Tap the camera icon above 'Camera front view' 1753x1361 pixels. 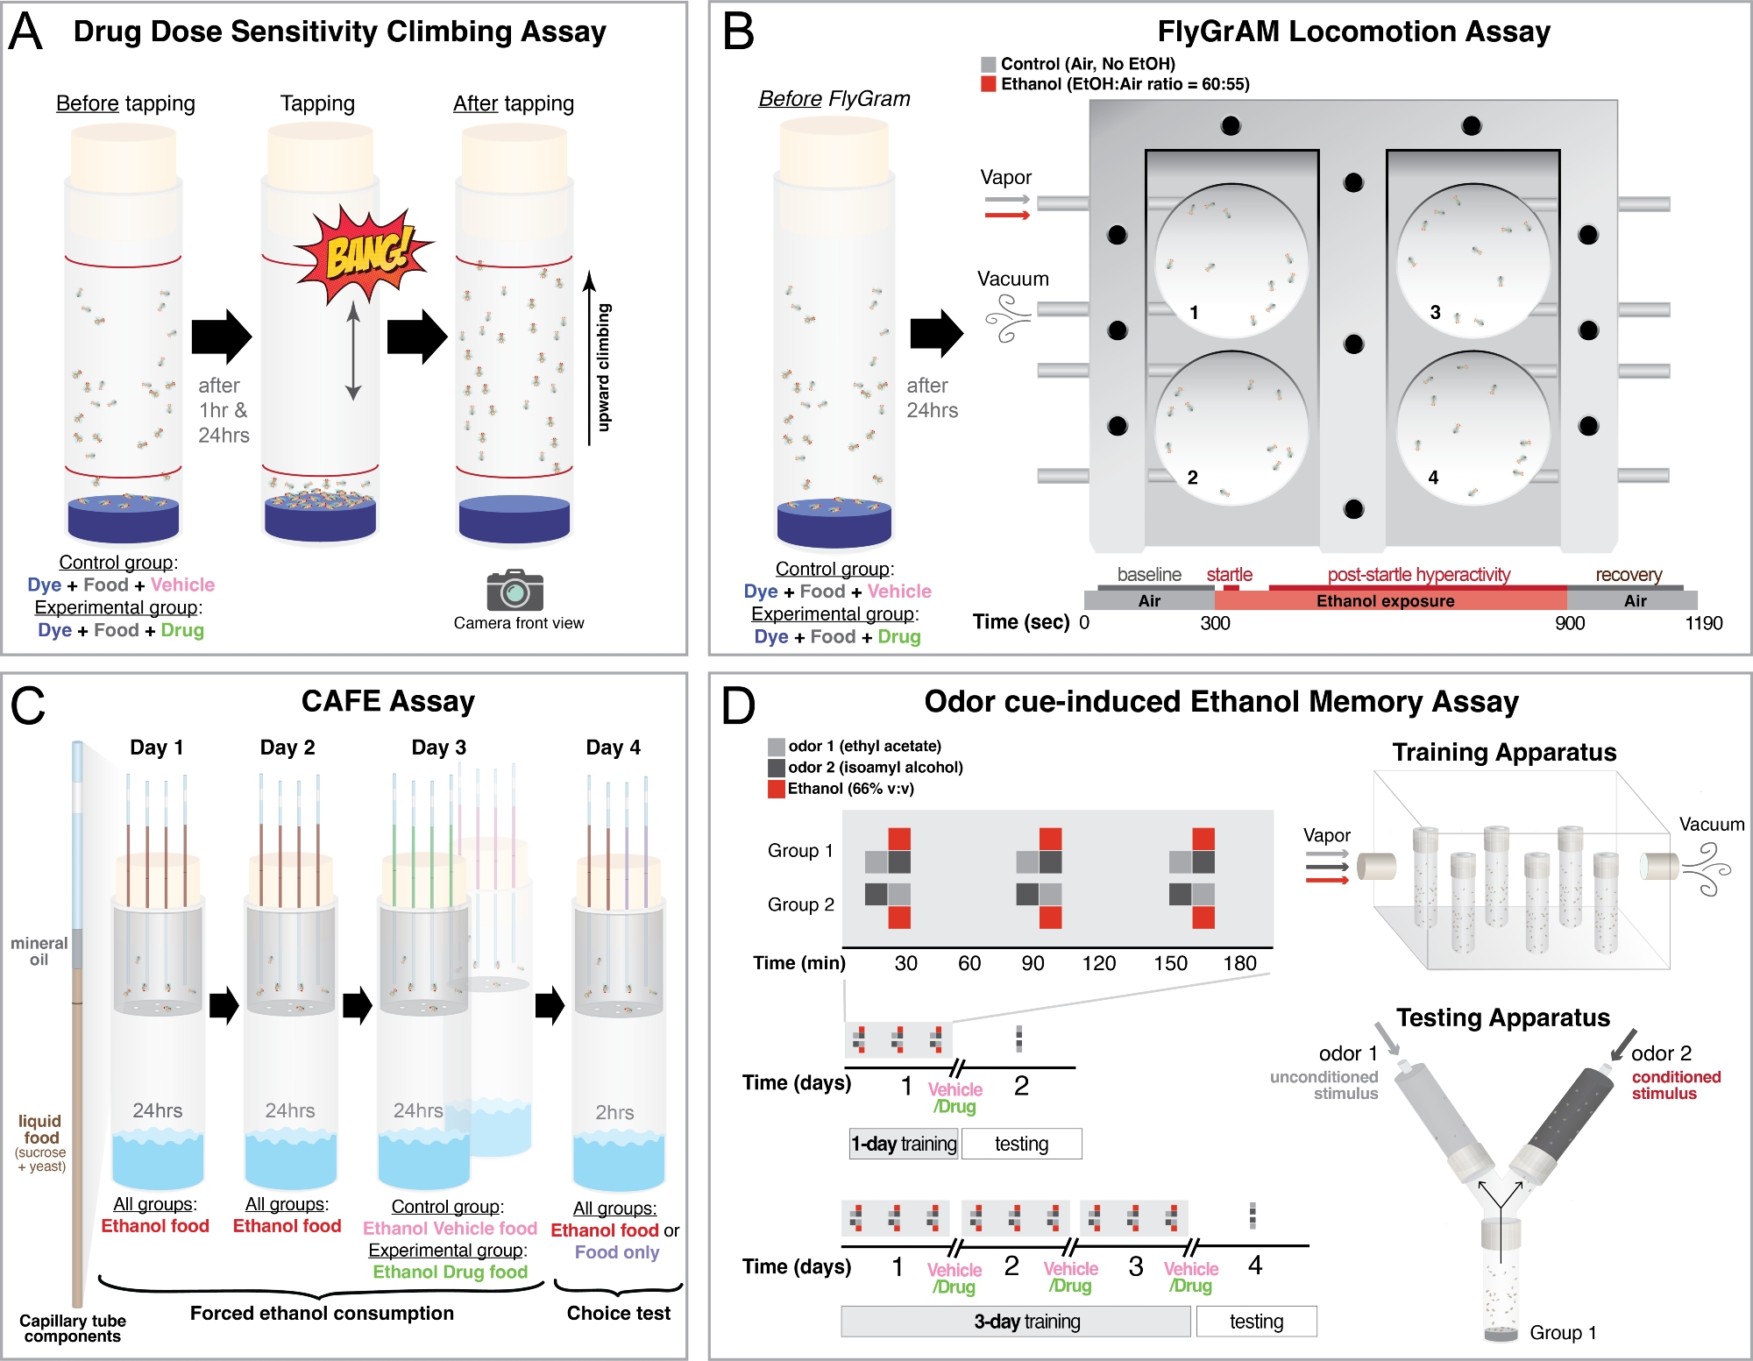(515, 591)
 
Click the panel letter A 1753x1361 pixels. (26, 32)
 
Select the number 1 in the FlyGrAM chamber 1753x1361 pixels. (1194, 313)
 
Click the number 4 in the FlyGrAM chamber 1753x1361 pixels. (1433, 478)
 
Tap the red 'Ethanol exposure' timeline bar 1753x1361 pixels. (1385, 601)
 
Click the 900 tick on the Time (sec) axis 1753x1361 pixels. (1569, 623)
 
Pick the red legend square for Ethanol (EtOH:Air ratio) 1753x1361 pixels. (989, 84)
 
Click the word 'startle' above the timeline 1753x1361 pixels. (1229, 575)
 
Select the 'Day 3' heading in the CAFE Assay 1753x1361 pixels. (438, 748)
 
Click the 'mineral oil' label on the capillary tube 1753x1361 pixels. (39, 951)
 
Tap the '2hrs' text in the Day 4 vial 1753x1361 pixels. (614, 1112)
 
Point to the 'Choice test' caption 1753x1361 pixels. (618, 1313)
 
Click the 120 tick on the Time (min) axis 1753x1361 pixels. (1098, 963)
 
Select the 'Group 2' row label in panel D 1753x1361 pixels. (800, 904)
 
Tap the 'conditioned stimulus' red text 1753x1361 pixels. (1676, 1085)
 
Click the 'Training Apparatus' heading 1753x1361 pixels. (1504, 752)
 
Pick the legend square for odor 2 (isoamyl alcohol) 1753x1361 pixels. (777, 768)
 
